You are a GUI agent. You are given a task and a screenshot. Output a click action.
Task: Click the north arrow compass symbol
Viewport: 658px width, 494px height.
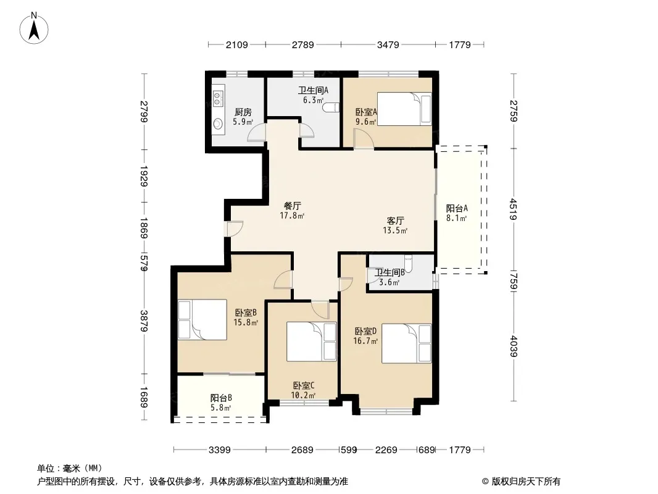tap(34, 28)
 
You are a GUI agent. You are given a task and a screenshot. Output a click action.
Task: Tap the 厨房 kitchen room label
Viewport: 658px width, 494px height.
tap(243, 112)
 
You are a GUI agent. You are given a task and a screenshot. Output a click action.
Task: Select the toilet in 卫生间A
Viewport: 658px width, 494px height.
tap(331, 107)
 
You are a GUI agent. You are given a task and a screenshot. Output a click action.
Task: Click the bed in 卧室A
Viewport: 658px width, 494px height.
tap(404, 109)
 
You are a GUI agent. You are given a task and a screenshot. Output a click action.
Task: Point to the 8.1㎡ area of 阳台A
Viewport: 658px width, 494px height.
tap(456, 218)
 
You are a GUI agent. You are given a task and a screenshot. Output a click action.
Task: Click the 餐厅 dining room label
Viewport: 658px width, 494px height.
tap(293, 206)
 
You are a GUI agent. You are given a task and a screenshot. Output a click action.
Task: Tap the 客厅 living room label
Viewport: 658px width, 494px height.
tap(395, 220)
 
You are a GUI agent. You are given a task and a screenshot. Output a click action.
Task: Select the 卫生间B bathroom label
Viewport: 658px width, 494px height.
tap(390, 272)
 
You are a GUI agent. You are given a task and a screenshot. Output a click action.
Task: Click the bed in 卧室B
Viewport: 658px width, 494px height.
tap(202, 319)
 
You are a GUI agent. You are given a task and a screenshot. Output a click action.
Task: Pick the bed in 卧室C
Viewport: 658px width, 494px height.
tap(311, 341)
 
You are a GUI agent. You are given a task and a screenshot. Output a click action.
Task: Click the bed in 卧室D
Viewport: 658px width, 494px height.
tap(406, 343)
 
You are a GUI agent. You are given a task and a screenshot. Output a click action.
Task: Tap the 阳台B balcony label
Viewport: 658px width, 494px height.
tap(221, 398)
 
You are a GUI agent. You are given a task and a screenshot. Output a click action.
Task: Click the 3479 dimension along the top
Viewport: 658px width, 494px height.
tap(388, 44)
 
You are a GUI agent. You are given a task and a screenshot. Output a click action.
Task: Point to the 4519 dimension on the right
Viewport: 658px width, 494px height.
tap(513, 209)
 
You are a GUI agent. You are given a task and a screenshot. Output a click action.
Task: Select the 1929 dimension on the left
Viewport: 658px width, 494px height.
tap(144, 176)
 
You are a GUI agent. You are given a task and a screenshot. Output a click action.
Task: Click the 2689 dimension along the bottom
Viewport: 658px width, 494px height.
tap(302, 450)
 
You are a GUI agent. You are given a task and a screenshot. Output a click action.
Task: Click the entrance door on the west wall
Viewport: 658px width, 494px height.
tap(235, 228)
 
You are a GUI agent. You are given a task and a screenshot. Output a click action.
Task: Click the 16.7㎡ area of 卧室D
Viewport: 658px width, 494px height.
tap(365, 341)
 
